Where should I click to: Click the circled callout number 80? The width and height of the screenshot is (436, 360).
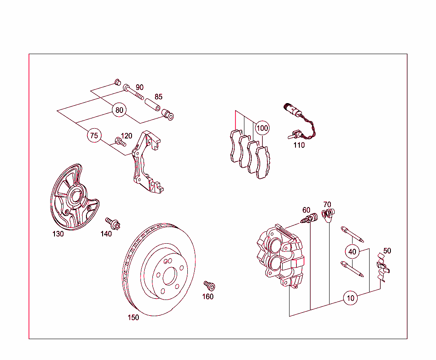pyautogui.click(x=119, y=110)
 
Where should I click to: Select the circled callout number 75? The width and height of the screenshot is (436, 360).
pyautogui.click(x=94, y=136)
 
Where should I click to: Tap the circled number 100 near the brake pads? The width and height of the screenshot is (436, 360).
pyautogui.click(x=262, y=128)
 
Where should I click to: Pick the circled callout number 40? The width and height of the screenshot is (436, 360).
pyautogui.click(x=352, y=251)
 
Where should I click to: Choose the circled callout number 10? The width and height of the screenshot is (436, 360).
pyautogui.click(x=350, y=298)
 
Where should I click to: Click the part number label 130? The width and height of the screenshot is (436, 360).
pyautogui.click(x=58, y=234)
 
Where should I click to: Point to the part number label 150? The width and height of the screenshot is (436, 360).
pyautogui.click(x=133, y=317)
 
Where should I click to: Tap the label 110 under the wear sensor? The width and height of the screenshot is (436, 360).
pyautogui.click(x=299, y=145)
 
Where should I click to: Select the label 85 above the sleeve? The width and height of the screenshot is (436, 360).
pyautogui.click(x=158, y=97)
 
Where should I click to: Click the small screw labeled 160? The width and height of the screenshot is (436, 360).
pyautogui.click(x=209, y=285)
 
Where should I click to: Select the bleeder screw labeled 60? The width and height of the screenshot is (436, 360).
pyautogui.click(x=310, y=219)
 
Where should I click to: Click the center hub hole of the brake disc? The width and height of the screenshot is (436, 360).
pyautogui.click(x=170, y=277)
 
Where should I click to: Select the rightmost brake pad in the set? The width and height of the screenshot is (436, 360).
pyautogui.click(x=264, y=163)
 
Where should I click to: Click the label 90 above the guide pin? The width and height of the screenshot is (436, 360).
pyautogui.click(x=140, y=87)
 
